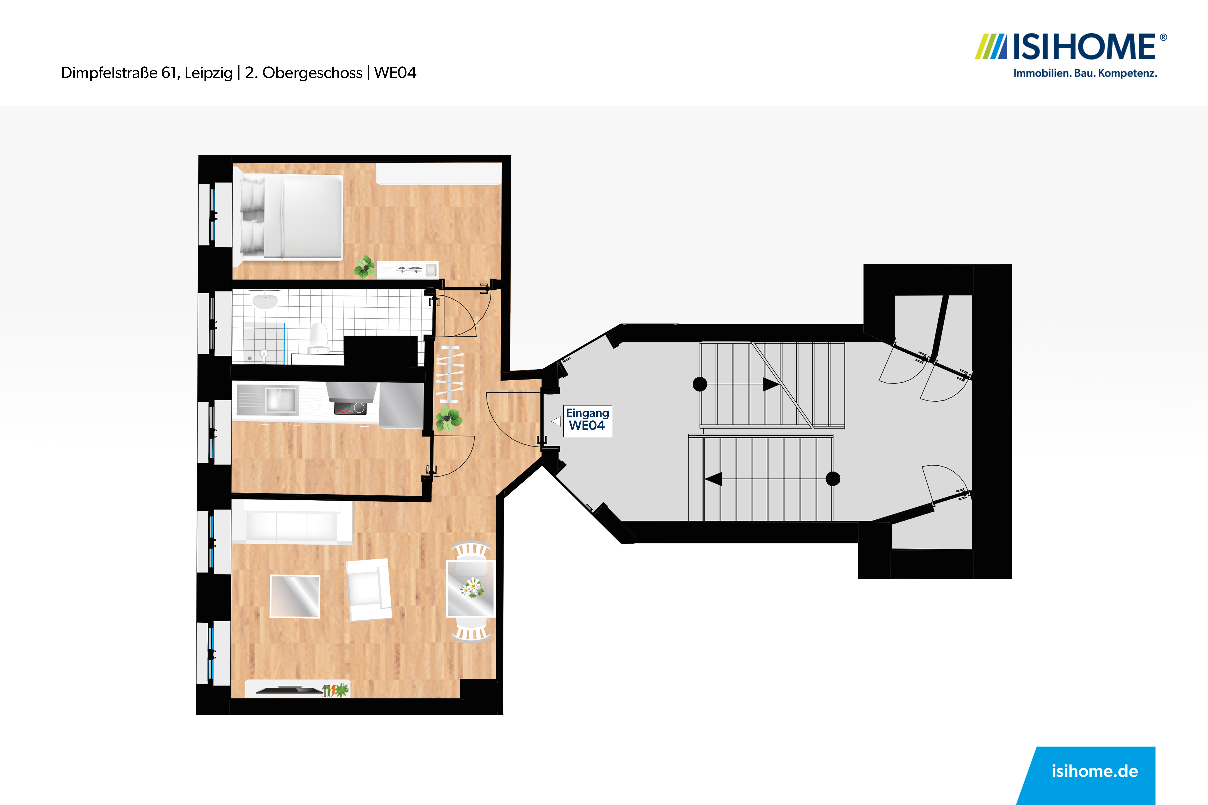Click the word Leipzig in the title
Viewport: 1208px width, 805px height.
click(209, 73)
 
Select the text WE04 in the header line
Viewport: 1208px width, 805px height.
click(395, 73)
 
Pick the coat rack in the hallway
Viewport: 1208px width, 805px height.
click(449, 374)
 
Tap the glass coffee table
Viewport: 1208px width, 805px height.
click(295, 596)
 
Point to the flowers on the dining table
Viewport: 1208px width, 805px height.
click(471, 587)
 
